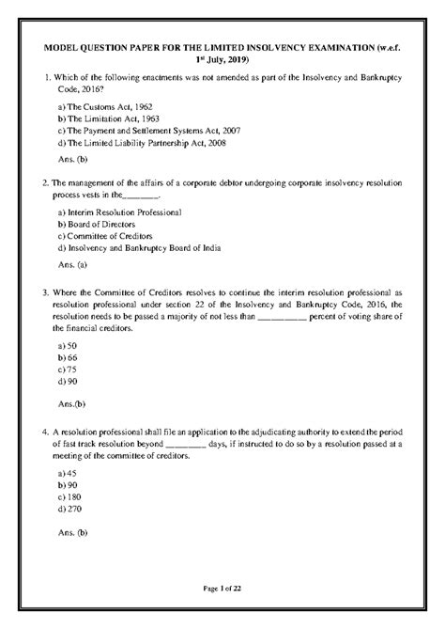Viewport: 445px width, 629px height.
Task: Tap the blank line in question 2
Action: pyautogui.click(x=142, y=197)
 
